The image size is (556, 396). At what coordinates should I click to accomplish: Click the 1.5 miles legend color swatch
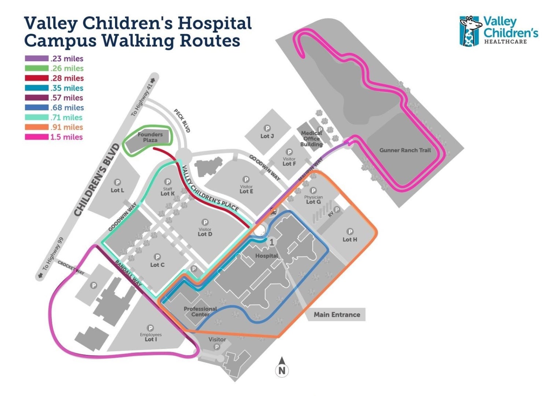(37, 137)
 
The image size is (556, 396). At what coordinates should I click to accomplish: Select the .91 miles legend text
(66, 127)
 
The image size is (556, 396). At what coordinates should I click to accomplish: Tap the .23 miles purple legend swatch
(37, 59)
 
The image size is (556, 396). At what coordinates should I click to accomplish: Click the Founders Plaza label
(150, 137)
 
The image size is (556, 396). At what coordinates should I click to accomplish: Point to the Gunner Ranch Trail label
(405, 150)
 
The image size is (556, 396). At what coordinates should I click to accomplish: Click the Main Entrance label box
(337, 315)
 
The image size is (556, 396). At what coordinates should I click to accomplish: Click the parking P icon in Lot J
(267, 128)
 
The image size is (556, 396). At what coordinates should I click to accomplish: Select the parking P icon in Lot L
(118, 182)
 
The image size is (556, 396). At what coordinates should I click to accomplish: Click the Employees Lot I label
(151, 337)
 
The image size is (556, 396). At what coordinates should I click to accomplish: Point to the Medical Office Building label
(311, 139)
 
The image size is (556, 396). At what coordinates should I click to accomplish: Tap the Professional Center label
(200, 311)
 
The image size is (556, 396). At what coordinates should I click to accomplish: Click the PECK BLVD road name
(182, 121)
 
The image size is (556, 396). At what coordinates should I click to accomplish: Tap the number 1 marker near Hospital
(271, 242)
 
